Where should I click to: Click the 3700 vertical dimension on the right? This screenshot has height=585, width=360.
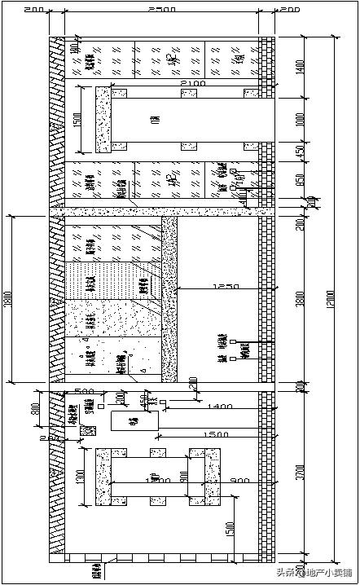tap(300, 470)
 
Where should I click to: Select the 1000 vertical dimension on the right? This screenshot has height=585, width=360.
tap(300, 118)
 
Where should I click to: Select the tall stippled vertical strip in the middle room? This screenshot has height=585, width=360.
tap(169, 297)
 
